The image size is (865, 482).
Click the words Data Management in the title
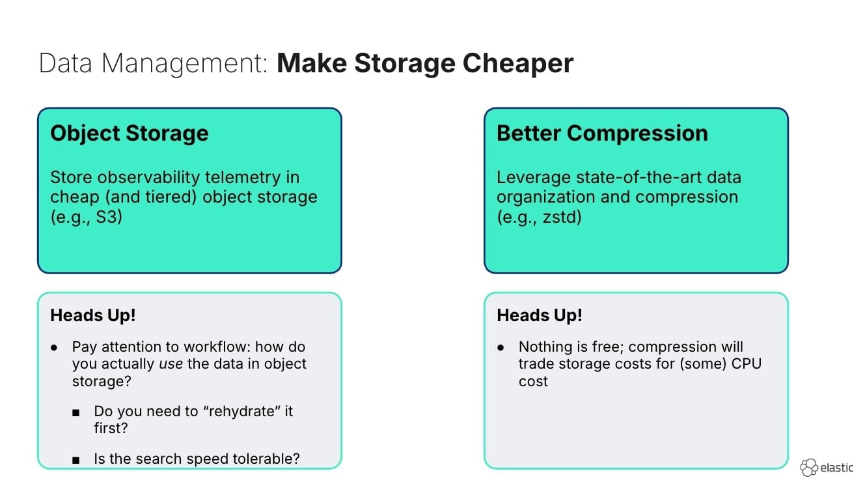(154, 63)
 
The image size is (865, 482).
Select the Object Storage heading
(130, 133)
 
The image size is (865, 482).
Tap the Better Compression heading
(602, 133)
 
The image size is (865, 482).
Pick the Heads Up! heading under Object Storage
(93, 315)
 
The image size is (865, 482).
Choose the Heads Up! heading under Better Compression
(540, 315)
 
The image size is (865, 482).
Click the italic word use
(171, 363)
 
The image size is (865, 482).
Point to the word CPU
(746, 363)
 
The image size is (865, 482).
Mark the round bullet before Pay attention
(55, 347)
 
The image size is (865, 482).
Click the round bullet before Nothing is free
(501, 347)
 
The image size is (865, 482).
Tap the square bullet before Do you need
(77, 412)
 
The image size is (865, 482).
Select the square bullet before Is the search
(77, 460)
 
